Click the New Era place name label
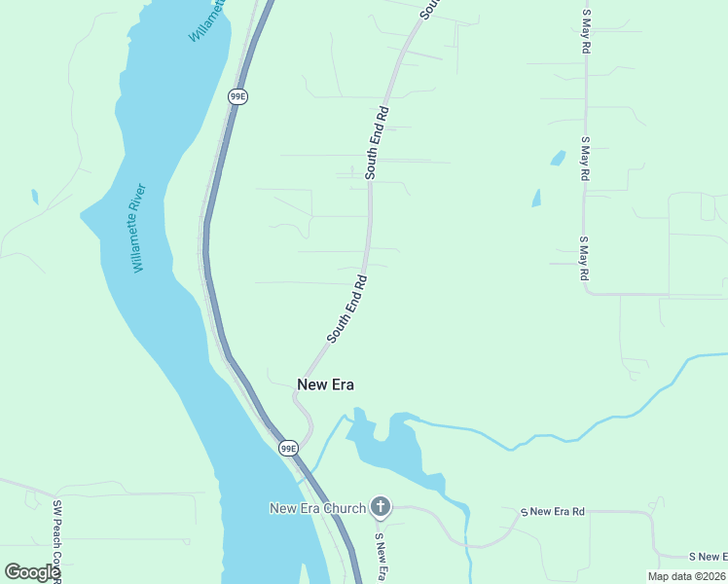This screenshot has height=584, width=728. [x=325, y=384]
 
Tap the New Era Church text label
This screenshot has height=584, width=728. [x=317, y=508]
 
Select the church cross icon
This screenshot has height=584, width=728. [x=381, y=507]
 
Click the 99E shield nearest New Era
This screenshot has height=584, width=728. [x=288, y=448]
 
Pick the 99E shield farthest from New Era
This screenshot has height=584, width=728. [x=237, y=96]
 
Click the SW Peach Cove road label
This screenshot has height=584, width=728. [x=57, y=540]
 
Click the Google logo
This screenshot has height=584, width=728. [x=32, y=572]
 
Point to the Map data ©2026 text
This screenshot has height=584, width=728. [x=686, y=576]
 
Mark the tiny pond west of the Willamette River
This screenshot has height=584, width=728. [x=35, y=197]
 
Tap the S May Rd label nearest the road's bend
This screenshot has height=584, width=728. [x=585, y=258]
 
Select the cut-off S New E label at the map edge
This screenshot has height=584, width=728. [x=708, y=557]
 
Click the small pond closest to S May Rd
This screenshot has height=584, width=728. [x=558, y=157]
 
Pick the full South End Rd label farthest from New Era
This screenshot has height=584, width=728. [x=378, y=141]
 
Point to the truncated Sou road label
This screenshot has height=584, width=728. [x=430, y=10]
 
